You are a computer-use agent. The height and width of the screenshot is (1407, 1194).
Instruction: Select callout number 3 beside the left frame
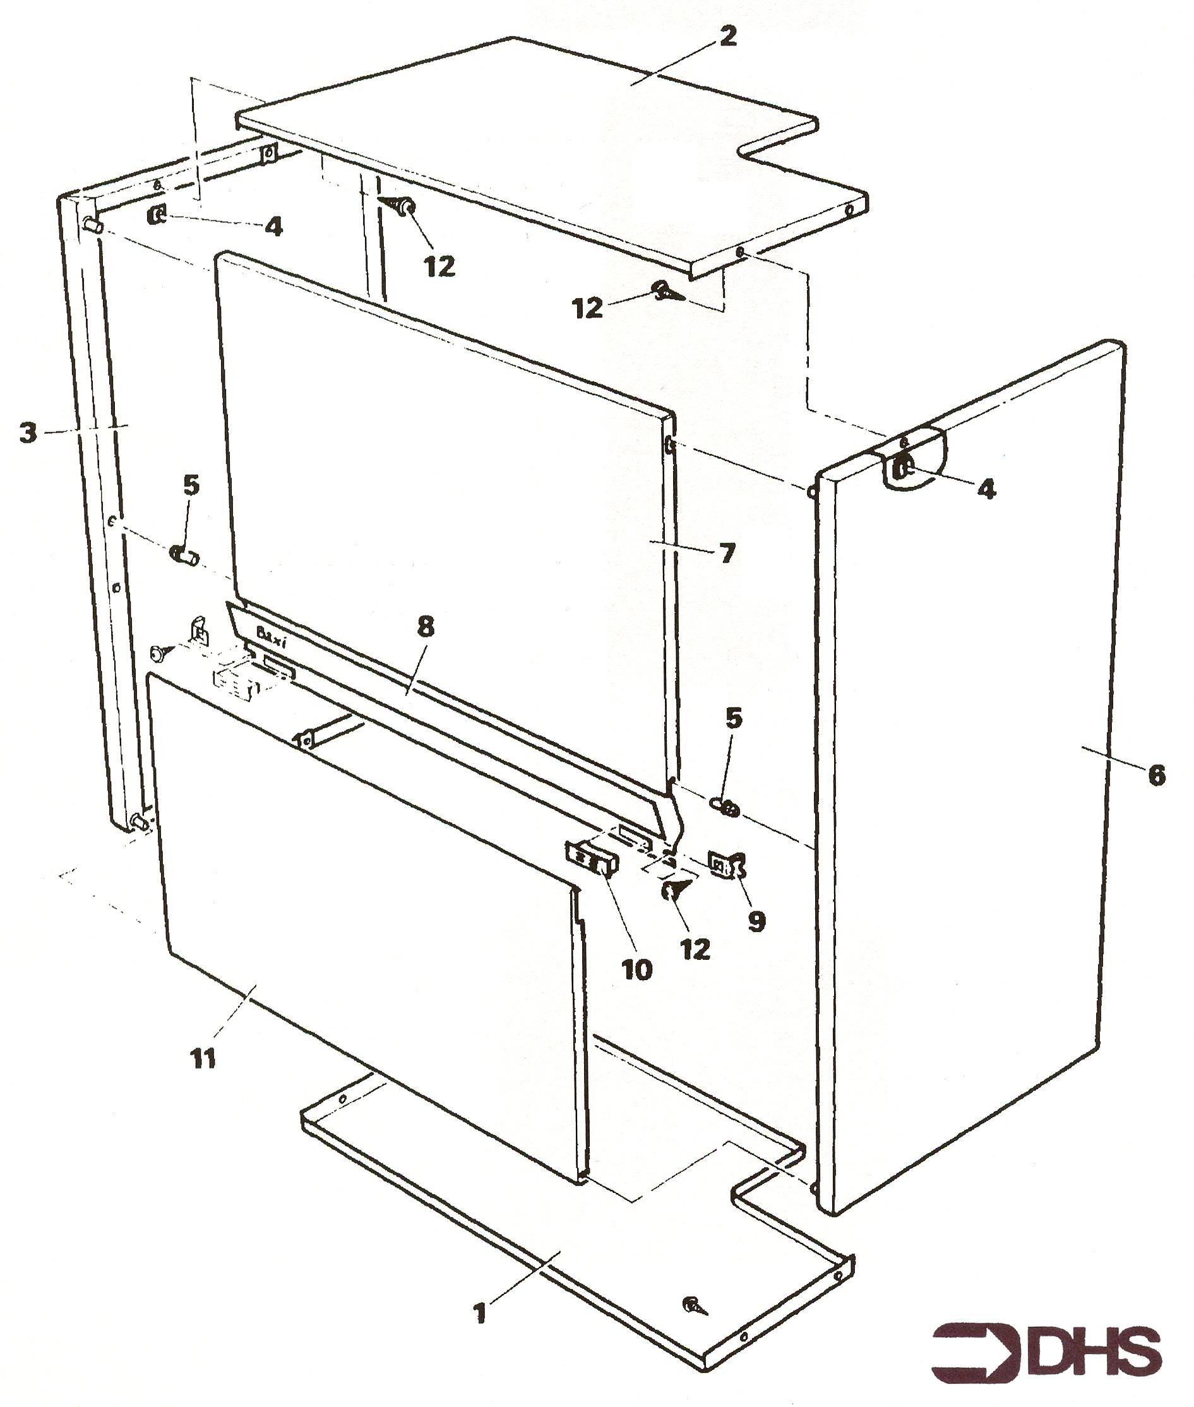tap(28, 433)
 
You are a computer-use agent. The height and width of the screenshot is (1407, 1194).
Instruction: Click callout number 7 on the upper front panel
tap(726, 553)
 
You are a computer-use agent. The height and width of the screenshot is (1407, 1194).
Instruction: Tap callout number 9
tap(756, 921)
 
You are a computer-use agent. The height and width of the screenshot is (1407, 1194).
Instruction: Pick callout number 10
tap(636, 969)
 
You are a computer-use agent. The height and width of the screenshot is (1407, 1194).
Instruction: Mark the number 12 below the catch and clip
tap(696, 949)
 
